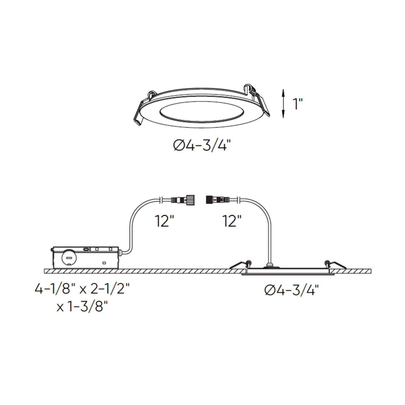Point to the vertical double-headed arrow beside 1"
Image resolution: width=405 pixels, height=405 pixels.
click(x=284, y=103)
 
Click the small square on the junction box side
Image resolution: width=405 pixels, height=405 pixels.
click(x=104, y=263)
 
